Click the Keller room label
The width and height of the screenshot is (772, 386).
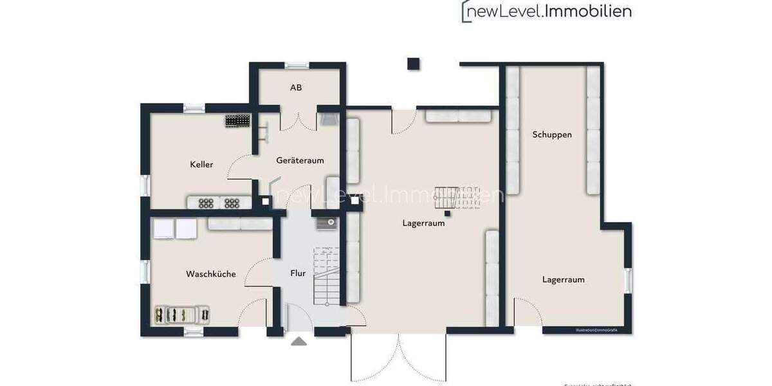tap(201, 165)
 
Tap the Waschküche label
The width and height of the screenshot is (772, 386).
tap(210, 274)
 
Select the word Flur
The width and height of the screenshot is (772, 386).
tap(298, 273)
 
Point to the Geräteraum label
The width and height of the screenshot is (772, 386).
tap(300, 160)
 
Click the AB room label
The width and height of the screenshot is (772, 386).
tap(296, 87)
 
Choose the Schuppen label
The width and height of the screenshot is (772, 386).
tap(552, 135)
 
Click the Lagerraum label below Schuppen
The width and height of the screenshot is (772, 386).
tap(563, 280)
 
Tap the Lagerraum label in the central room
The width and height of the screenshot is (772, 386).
tap(423, 224)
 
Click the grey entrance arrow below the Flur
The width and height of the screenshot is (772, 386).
tap(299, 341)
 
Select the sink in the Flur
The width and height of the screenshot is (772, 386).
tap(326, 224)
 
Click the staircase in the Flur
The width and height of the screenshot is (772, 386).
tap(326, 277)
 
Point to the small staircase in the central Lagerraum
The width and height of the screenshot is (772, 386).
tap(457, 198)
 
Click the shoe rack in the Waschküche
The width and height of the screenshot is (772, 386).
tap(182, 315)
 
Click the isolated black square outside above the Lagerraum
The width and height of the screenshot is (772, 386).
tap(413, 64)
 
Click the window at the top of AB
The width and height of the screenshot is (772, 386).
tap(297, 65)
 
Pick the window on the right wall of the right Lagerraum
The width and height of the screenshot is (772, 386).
tap(629, 279)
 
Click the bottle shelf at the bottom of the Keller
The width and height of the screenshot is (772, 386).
tap(219, 203)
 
